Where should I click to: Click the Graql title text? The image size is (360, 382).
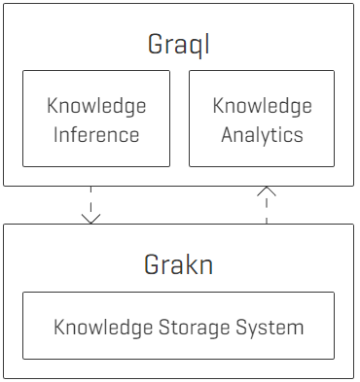tap(180, 45)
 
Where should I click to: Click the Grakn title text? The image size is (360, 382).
tap(180, 264)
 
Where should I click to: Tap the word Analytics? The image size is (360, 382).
tap(262, 134)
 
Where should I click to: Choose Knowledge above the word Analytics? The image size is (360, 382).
tap(262, 105)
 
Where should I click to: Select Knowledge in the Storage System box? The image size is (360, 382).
tap(102, 327)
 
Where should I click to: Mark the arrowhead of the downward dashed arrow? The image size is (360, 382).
tap(91, 217)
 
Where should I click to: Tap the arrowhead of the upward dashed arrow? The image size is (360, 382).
tap(267, 191)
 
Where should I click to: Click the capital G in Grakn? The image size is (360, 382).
tap(155, 264)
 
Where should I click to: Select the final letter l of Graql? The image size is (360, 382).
tap(208, 45)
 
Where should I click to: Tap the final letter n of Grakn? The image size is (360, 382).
tap(205, 265)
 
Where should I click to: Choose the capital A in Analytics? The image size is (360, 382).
tap(228, 134)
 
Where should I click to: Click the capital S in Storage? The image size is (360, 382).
tap(162, 327)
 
